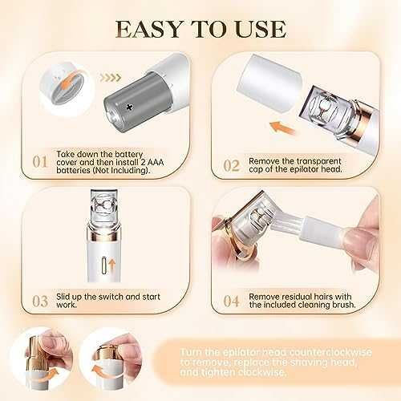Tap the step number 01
click(x=40, y=162)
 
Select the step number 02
click(x=231, y=165)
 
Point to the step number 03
click(x=40, y=302)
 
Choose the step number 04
click(x=231, y=302)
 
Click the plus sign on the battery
click(x=130, y=107)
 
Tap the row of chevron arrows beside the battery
click(x=111, y=78)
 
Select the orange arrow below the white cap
click(x=282, y=128)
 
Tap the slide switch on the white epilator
click(x=104, y=265)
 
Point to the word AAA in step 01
click(x=155, y=162)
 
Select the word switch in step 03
click(x=111, y=297)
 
